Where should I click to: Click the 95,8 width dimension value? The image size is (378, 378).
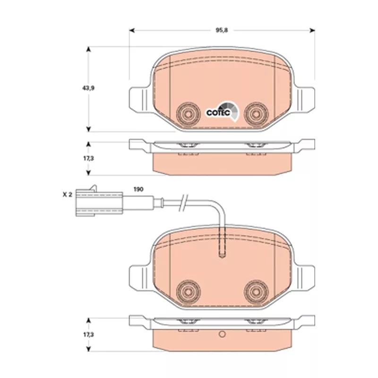[x=222, y=30]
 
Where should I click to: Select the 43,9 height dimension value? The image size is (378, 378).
[x=88, y=88]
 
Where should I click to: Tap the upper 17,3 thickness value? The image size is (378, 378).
[x=88, y=158]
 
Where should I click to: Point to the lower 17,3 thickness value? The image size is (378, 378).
[x=88, y=335]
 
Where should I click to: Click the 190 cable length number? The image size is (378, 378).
[x=138, y=189]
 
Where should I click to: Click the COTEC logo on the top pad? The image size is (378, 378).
[x=223, y=112]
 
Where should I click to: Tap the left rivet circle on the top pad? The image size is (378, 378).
[x=188, y=114]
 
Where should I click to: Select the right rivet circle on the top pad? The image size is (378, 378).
[x=256, y=114]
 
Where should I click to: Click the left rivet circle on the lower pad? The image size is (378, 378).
[x=188, y=292]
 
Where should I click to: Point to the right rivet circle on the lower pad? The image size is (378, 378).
[x=256, y=292]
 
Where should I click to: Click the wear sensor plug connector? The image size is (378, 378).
[x=99, y=202]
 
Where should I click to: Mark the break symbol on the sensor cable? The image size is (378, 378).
[x=183, y=204]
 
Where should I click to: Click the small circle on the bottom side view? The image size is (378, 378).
[x=222, y=334]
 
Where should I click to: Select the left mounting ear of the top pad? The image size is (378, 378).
[x=140, y=100]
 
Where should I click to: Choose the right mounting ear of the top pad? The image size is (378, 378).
[x=304, y=100]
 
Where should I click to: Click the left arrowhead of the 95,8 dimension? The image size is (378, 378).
[x=132, y=30]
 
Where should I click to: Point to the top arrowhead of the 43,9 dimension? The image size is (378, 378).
[x=88, y=49]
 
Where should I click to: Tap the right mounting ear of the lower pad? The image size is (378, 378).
[x=304, y=277]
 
